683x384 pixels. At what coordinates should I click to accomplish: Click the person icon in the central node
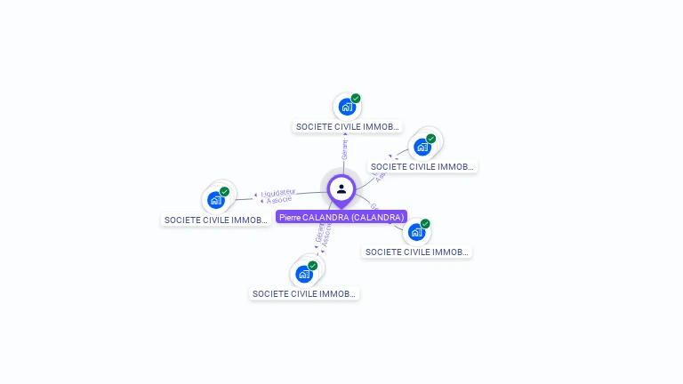click(x=341, y=188)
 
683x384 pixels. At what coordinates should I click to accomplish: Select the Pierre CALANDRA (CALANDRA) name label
click(x=341, y=217)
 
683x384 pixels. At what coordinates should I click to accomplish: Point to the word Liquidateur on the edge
click(x=278, y=192)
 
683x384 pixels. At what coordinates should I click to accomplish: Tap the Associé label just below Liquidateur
click(x=279, y=200)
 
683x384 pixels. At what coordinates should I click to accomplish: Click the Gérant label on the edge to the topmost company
click(x=344, y=149)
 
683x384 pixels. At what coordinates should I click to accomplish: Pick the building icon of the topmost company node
click(x=347, y=107)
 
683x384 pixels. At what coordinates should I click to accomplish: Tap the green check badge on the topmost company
click(x=356, y=99)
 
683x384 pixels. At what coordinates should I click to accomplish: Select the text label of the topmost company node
click(x=348, y=127)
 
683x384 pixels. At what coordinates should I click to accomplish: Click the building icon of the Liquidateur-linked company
click(x=215, y=200)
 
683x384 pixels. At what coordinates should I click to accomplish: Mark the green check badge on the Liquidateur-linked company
click(x=224, y=192)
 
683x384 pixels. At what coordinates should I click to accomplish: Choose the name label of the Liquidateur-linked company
click(x=216, y=220)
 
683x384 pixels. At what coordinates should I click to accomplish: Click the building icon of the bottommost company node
click(x=304, y=274)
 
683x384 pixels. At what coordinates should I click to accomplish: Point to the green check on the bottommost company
click(x=313, y=266)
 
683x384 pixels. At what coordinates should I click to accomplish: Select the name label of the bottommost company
click(x=304, y=293)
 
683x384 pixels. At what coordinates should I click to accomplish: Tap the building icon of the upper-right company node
click(x=422, y=147)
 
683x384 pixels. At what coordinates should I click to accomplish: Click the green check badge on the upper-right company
click(x=431, y=139)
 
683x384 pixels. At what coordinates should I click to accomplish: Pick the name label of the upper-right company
click(x=422, y=166)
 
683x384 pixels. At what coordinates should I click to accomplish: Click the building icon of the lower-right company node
click(x=416, y=232)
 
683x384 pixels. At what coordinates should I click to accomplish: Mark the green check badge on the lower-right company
click(x=425, y=224)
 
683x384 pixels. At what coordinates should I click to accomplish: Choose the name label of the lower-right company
click(x=417, y=252)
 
